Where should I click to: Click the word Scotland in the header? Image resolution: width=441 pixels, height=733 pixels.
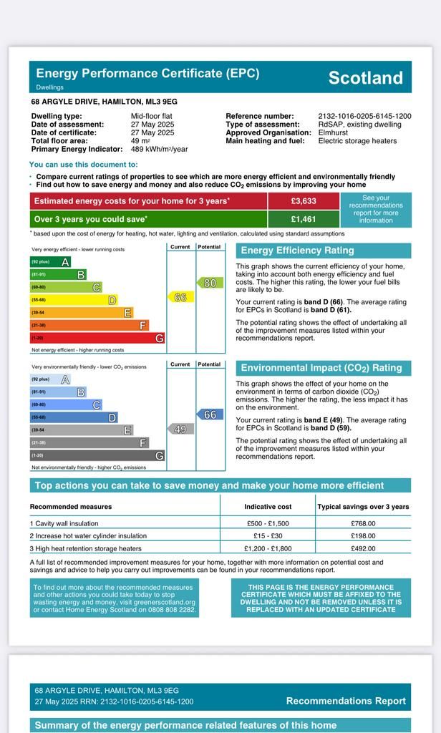[365, 78]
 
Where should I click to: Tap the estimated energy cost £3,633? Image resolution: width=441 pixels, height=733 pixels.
[304, 201]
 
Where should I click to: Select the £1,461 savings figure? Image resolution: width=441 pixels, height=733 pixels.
[304, 219]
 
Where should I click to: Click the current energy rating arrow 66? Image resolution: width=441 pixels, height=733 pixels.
[180, 296]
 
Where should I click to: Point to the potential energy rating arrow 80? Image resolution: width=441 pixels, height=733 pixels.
[210, 283]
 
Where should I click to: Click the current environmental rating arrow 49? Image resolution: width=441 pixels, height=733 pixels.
[180, 429]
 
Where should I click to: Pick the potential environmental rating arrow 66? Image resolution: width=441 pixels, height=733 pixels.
[210, 414]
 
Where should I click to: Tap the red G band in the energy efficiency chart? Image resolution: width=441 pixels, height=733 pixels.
[97, 338]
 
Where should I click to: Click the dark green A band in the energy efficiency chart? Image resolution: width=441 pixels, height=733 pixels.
[50, 262]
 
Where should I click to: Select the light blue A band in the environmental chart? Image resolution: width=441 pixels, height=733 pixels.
[50, 379]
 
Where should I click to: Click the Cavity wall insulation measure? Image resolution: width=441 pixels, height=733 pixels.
[64, 523]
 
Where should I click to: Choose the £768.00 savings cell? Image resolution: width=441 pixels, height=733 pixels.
[363, 523]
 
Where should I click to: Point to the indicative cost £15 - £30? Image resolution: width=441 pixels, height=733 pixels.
[268, 535]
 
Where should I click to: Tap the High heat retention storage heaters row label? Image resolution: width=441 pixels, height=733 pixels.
[86, 548]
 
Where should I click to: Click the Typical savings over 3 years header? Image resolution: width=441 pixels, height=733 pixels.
[363, 507]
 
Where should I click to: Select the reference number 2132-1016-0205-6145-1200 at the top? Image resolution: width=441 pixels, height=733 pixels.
[364, 116]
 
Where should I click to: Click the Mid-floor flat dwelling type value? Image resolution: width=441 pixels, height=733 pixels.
[151, 116]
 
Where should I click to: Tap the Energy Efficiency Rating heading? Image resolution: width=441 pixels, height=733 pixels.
[297, 251]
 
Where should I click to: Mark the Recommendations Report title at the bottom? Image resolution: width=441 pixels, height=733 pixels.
[346, 701]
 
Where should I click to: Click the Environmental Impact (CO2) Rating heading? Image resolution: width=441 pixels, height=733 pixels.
[321, 368]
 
